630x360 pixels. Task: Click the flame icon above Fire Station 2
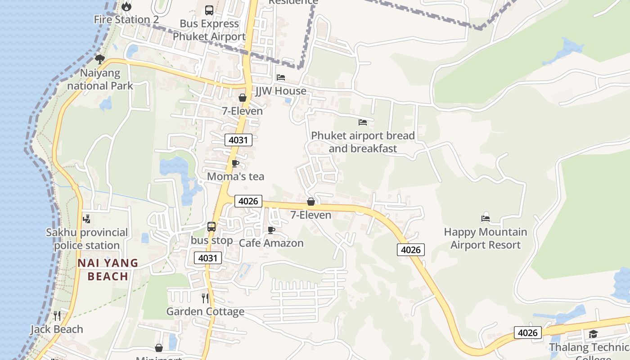point(126,6)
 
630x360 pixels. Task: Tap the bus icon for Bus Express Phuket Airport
point(209,10)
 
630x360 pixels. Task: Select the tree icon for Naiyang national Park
point(100,59)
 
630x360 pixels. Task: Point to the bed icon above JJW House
point(281,77)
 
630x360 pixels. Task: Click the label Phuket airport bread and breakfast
point(363,142)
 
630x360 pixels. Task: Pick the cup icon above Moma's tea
point(235,163)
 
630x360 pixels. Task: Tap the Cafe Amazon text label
point(271,243)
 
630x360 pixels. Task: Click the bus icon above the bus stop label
point(211,226)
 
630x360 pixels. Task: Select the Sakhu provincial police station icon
point(86,219)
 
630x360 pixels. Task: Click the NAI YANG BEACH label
point(108,270)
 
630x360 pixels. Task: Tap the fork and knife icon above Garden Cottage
point(205,298)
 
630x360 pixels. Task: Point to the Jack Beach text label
point(57,329)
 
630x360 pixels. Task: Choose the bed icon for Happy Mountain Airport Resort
point(485,219)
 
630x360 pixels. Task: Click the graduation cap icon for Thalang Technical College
point(593,334)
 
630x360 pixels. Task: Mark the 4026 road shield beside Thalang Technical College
point(527,333)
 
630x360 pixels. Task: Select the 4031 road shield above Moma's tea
point(238,140)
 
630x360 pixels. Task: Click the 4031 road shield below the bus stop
point(208,258)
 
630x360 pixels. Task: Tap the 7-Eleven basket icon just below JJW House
point(243,98)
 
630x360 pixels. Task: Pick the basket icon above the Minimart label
point(158,348)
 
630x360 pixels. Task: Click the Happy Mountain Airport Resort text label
point(485,238)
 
